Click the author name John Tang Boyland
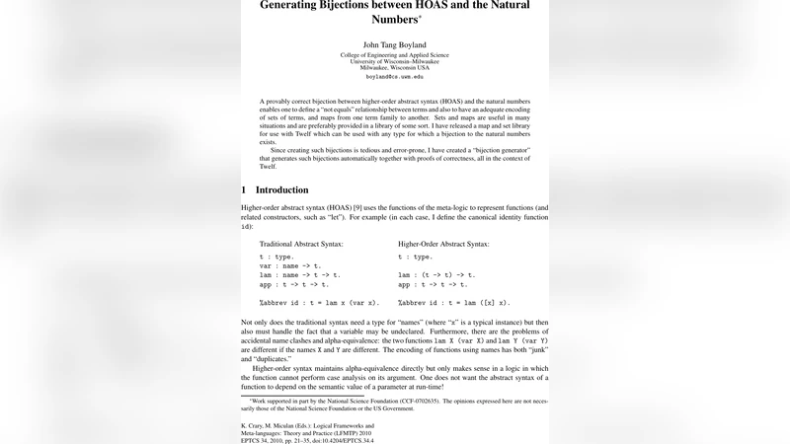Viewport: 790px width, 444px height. click(394, 44)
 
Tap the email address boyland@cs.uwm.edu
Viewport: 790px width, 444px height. click(394, 76)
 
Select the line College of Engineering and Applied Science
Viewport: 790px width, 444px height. click(394, 55)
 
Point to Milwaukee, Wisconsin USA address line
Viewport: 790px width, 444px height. click(394, 67)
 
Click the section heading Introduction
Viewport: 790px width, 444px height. click(281, 189)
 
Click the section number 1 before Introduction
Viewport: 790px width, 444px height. click(244, 189)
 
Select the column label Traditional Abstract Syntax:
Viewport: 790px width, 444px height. click(301, 243)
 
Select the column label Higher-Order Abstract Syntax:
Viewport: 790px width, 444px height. click(443, 243)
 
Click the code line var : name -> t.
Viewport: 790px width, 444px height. click(289, 265)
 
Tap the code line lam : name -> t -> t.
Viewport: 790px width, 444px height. click(300, 275)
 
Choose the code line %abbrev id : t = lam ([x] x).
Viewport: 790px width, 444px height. click(453, 303)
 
